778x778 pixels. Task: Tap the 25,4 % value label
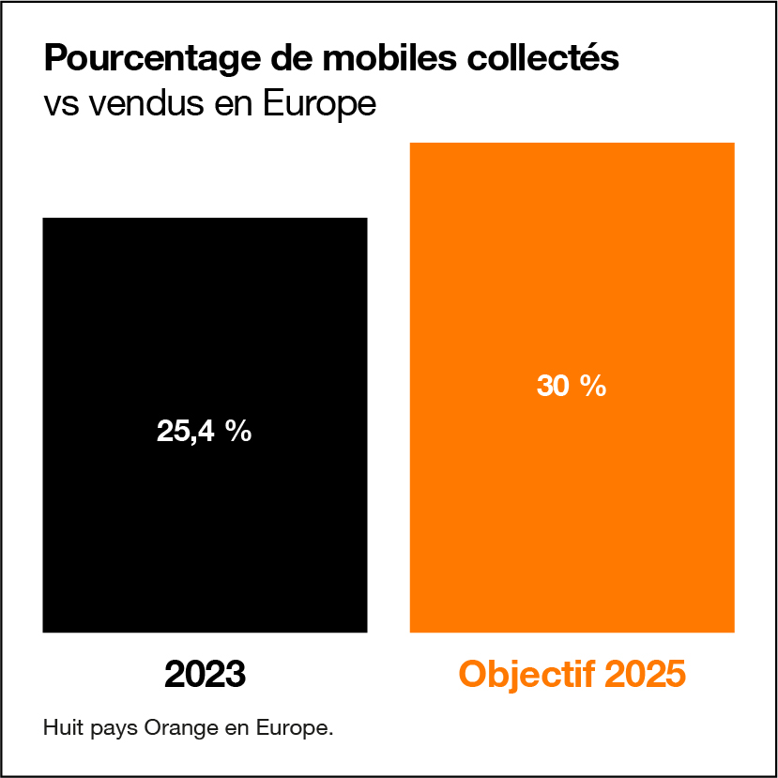coord(204,432)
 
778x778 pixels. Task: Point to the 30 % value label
coord(572,386)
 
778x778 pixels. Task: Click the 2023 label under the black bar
coord(205,675)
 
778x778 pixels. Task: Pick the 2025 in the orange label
coord(644,675)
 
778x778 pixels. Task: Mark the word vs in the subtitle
coord(61,103)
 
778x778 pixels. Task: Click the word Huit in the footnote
coord(60,727)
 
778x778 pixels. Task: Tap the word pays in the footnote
coord(110,728)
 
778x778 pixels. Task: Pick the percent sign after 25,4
coord(236,432)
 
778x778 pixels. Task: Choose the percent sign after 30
coord(593,386)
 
